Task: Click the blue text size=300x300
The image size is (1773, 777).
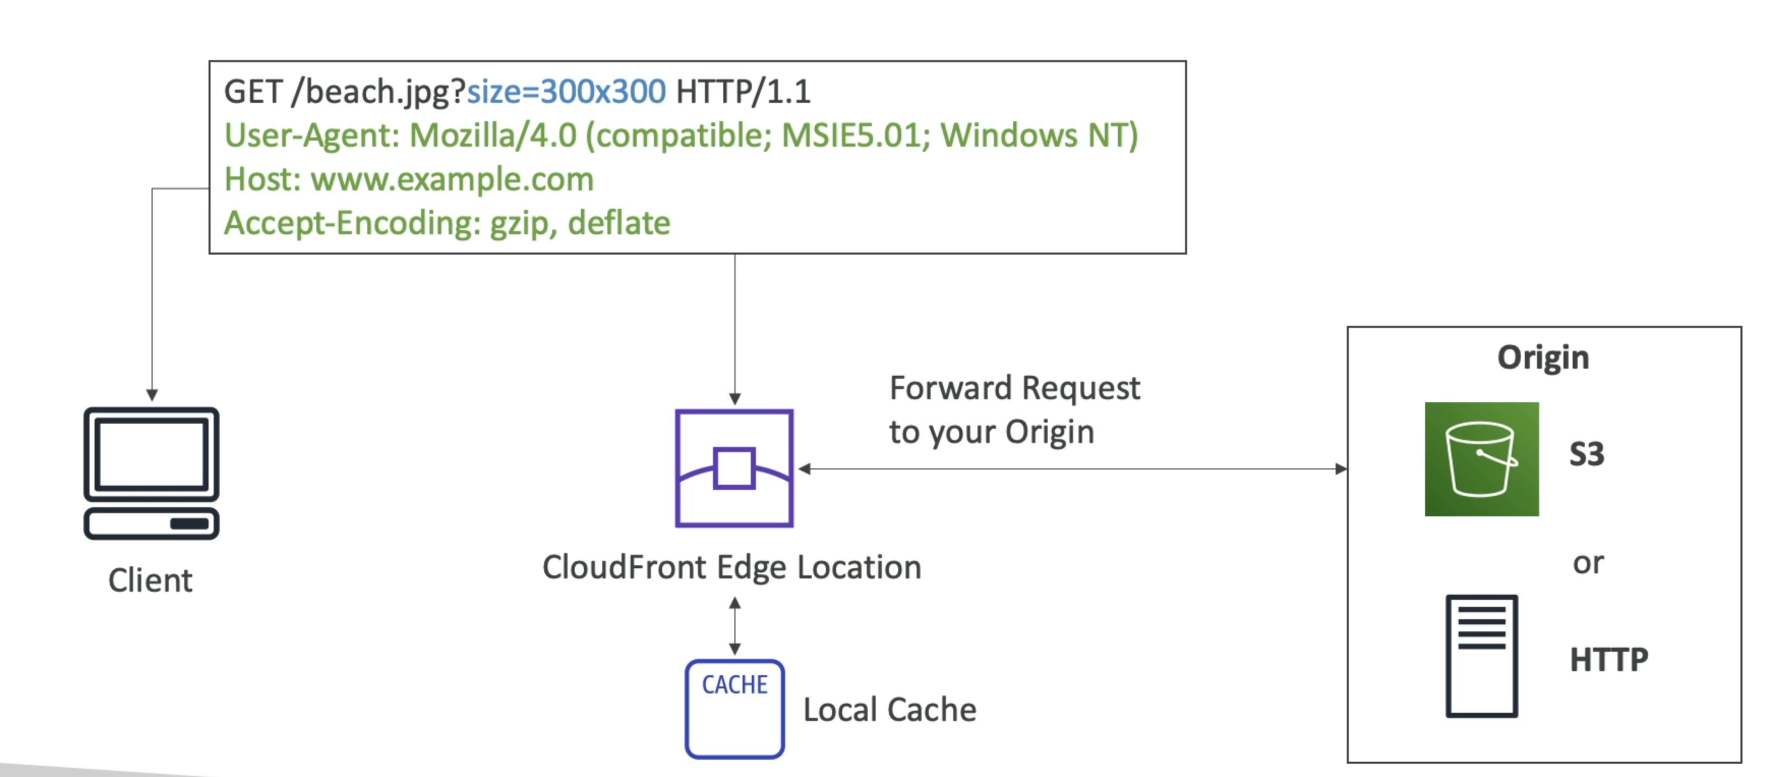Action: click(566, 92)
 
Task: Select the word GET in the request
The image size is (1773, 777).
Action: click(253, 92)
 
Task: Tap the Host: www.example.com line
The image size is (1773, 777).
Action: click(409, 179)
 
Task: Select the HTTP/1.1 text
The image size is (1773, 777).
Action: click(744, 92)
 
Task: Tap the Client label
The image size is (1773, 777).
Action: click(150, 580)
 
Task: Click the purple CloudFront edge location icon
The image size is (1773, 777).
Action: click(734, 468)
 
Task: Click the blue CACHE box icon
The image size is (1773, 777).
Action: click(734, 709)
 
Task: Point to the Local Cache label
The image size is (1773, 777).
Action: click(889, 709)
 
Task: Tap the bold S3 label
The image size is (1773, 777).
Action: click(1586, 454)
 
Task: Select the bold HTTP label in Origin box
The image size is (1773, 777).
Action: click(1609, 659)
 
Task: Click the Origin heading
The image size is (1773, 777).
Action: click(1543, 357)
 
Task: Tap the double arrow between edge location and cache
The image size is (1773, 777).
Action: click(734, 625)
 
